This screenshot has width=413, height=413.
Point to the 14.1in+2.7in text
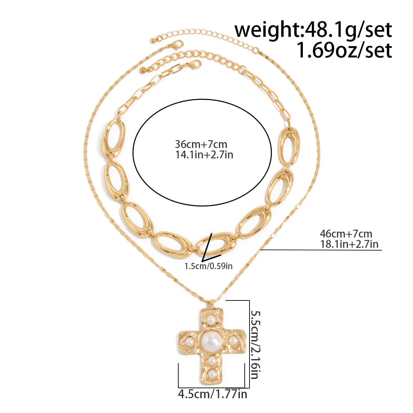point(204,155)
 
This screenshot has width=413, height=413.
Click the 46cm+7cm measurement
point(346,234)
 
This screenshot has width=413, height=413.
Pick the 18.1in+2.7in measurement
point(349,244)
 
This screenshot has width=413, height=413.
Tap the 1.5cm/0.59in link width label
point(208,266)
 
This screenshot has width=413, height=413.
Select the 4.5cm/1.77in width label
point(212,394)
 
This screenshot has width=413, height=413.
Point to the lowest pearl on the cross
point(211,373)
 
